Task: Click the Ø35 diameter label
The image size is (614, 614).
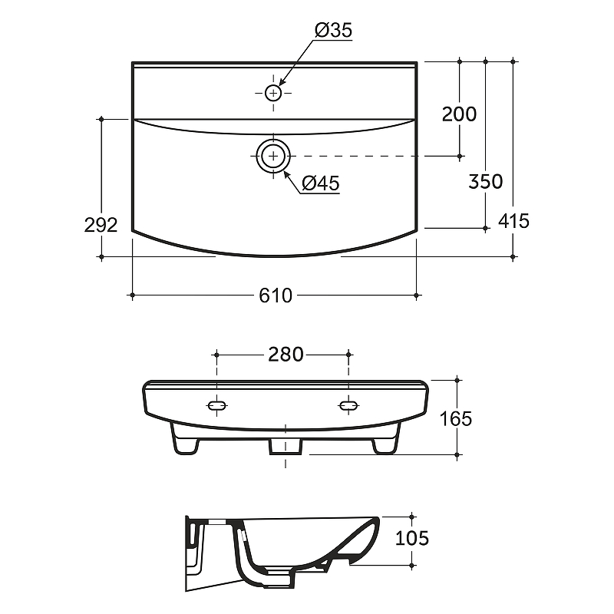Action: coord(333,30)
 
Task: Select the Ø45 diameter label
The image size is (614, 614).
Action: coord(321,183)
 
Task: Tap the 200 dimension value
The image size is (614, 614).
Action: coord(459,114)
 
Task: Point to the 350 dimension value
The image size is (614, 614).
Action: coord(486,182)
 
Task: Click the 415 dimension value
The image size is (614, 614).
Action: coord(513,221)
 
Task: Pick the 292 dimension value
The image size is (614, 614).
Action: coord(101,225)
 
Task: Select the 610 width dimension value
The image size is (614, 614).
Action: coord(276,295)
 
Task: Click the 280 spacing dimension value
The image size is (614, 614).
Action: coord(286,355)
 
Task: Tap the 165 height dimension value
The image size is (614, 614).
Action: coord(455,419)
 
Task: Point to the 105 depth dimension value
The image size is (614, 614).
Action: coord(412,539)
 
